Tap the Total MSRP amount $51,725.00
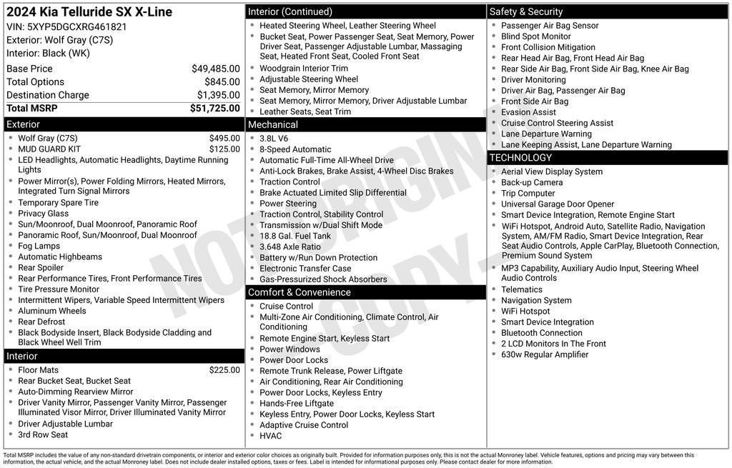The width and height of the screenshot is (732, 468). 214,109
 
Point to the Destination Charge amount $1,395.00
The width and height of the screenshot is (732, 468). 218,95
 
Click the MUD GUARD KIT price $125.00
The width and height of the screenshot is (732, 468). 224,149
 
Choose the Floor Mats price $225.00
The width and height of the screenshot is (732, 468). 224,370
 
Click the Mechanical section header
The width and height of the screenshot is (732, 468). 272,124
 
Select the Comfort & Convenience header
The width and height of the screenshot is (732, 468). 299,292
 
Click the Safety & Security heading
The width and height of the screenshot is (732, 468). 526,11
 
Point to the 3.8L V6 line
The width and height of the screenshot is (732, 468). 274,139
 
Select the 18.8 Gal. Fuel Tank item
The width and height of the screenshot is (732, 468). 295,236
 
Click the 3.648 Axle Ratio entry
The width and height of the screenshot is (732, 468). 290,247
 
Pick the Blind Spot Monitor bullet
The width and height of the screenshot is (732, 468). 535,36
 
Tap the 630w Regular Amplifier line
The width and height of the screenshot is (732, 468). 545,354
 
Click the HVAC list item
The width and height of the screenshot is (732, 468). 270,436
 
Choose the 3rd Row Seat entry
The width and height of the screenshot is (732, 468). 43,434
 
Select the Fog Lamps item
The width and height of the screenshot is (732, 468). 39,246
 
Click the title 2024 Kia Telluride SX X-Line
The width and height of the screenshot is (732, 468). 89,12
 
